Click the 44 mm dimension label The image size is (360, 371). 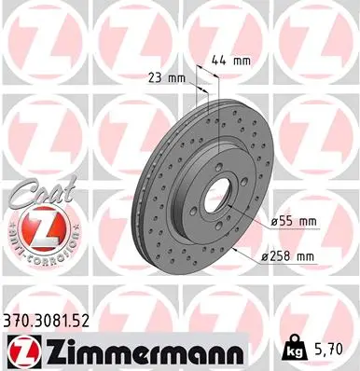(x=231, y=61)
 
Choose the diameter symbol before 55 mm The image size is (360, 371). (x=278, y=221)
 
